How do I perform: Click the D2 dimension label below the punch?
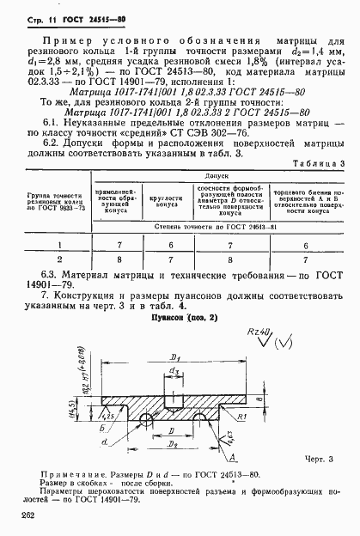(x=171, y=446)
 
